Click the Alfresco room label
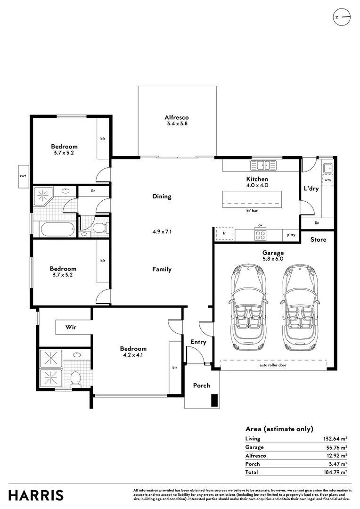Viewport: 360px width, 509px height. [177, 117]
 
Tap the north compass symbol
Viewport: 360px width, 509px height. [342, 17]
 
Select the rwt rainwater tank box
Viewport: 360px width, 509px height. [23, 176]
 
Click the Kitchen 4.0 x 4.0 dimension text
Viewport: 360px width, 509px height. [257, 185]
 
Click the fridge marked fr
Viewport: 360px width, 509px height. [224, 234]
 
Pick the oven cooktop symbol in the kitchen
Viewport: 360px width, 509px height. [260, 234]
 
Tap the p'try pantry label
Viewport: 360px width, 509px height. [291, 234]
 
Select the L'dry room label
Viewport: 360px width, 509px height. [311, 189]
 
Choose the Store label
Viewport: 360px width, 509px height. [318, 239]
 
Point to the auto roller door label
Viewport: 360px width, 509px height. [273, 365]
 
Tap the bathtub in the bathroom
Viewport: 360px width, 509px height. [57, 230]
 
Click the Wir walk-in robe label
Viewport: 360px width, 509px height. [71, 327]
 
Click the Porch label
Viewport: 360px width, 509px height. [202, 386]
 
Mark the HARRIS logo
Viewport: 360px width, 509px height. [36, 495]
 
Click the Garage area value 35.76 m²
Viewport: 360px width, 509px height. [335, 447]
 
